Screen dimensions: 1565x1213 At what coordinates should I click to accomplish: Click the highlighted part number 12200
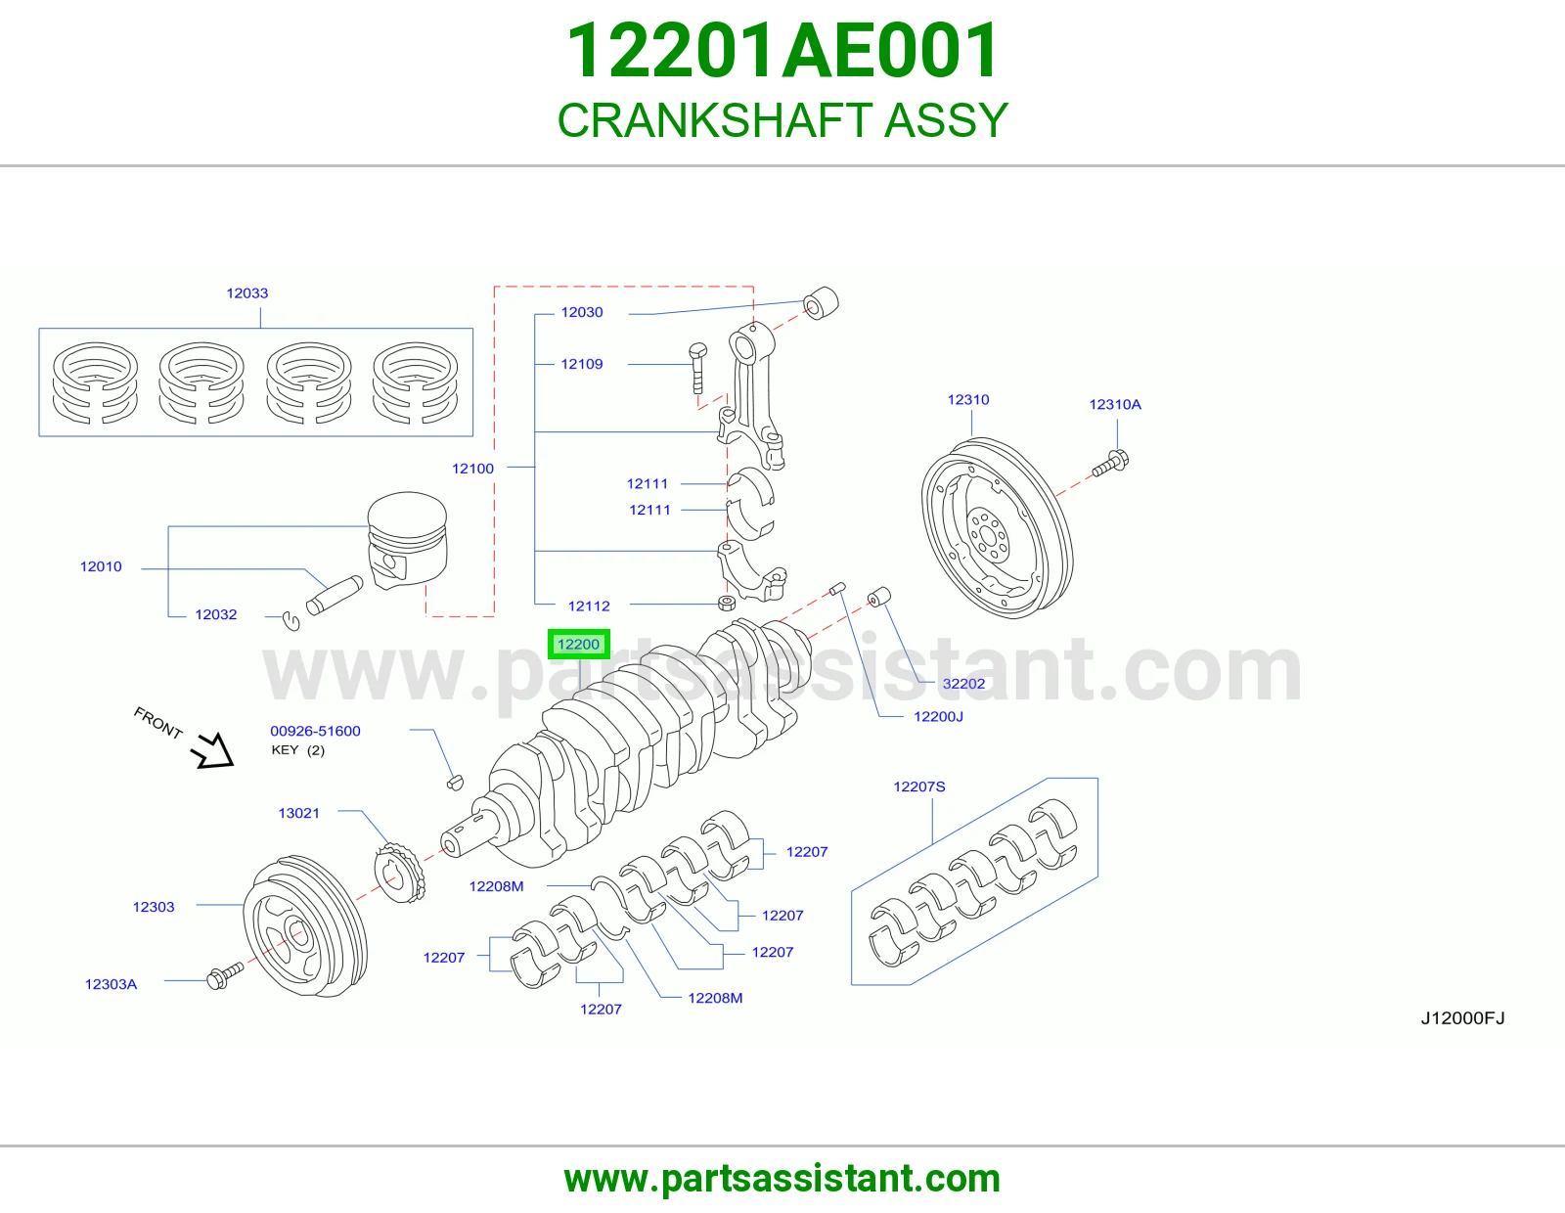[x=578, y=644]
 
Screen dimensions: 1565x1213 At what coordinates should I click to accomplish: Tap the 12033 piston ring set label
[x=247, y=293]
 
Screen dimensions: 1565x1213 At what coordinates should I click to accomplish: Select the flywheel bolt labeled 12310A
[x=1110, y=463]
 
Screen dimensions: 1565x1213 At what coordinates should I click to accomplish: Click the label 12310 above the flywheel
[x=968, y=400]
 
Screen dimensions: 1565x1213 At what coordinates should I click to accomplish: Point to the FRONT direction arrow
[x=213, y=750]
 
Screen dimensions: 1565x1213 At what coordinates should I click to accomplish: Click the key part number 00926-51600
[x=316, y=731]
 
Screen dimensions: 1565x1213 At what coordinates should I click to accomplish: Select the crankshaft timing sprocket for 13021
[x=400, y=873]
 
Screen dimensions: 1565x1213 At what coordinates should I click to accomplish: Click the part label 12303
[x=154, y=907]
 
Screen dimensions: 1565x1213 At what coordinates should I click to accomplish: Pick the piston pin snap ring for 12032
[x=291, y=621]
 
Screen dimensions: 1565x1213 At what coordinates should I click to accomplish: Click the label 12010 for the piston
[x=101, y=567]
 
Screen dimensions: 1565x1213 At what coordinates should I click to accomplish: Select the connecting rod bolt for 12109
[x=697, y=368]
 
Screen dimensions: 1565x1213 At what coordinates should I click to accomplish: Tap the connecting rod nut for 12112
[x=727, y=603]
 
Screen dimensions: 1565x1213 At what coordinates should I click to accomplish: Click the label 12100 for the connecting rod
[x=472, y=469]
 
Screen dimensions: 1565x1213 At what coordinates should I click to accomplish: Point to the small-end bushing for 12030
[x=821, y=303]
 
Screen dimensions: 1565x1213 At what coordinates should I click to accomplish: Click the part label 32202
[x=963, y=684]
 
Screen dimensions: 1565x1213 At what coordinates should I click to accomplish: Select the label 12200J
[x=938, y=717]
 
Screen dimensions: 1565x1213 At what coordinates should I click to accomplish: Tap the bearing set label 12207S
[x=919, y=786]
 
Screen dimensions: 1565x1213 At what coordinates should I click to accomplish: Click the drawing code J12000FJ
[x=1462, y=1017]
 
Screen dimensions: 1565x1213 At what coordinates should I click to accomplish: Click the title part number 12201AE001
[x=782, y=51]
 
